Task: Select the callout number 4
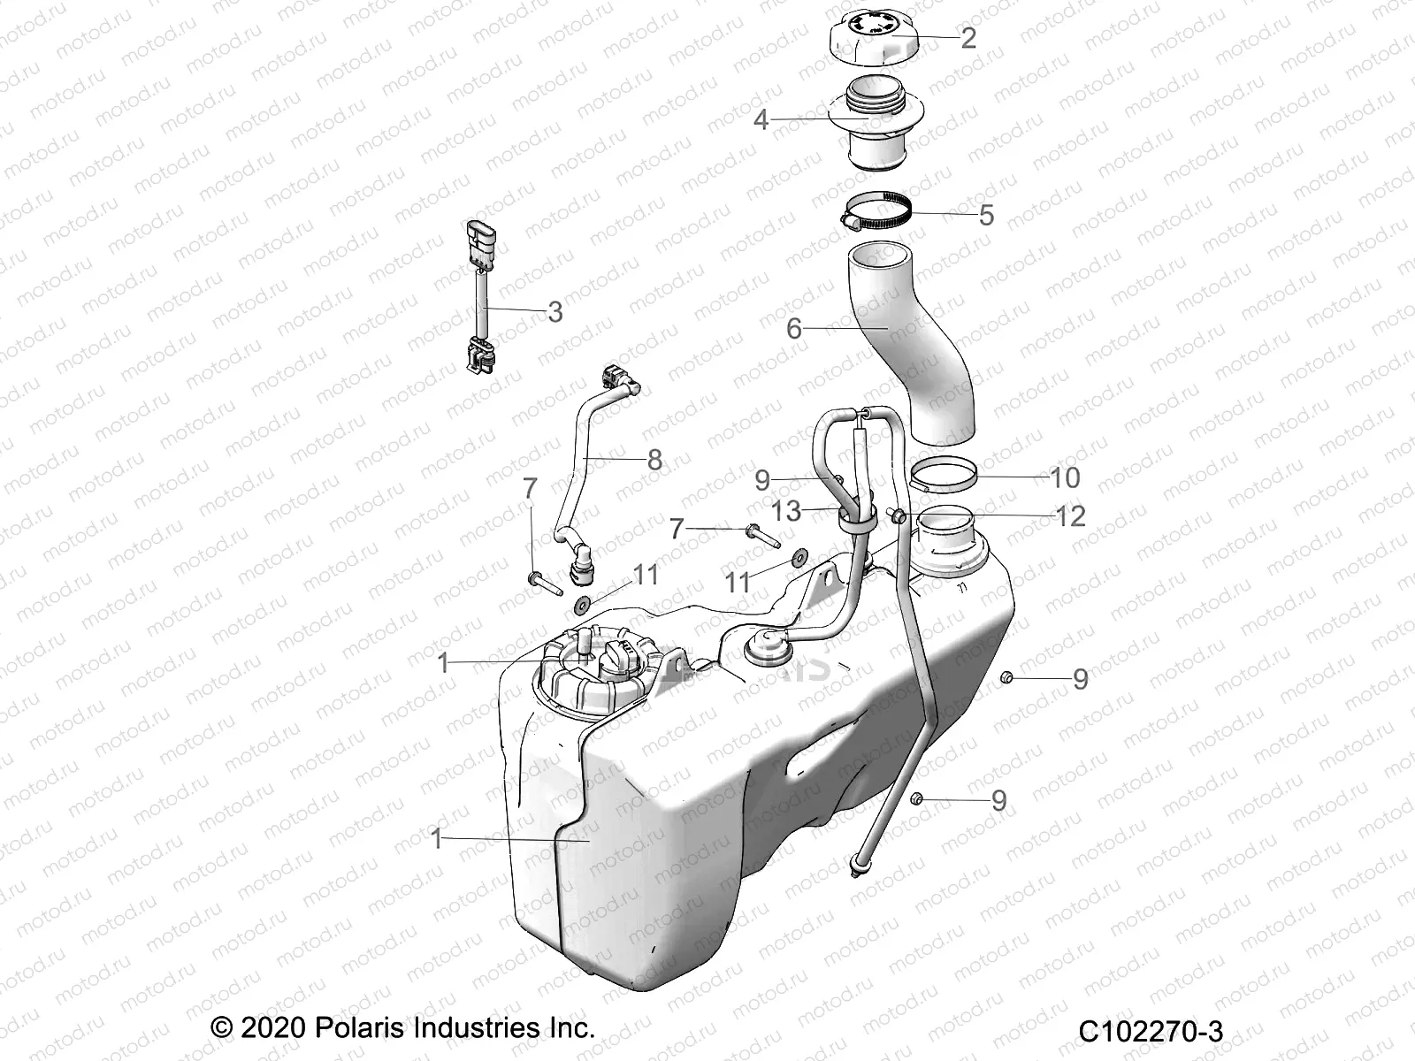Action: [x=761, y=119]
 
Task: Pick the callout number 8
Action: [x=654, y=460]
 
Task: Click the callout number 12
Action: [x=1071, y=515]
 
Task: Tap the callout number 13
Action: [x=785, y=511]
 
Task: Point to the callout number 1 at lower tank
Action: [x=436, y=838]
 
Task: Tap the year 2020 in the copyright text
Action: [x=272, y=1028]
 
